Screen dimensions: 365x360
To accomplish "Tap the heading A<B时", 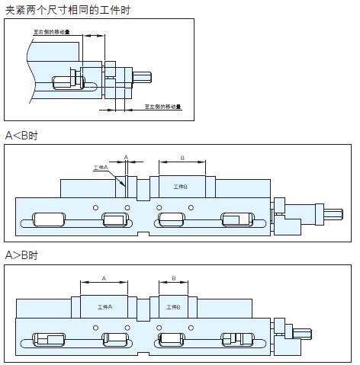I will [21, 135].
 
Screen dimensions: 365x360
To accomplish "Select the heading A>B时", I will [21, 255].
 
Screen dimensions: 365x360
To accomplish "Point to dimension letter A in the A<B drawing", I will [126, 157].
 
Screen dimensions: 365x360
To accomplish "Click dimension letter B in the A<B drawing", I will [182, 157].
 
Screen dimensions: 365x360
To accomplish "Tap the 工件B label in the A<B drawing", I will [181, 187].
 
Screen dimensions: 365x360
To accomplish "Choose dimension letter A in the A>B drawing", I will [104, 279].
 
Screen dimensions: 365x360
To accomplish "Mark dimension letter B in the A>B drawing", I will [174, 279].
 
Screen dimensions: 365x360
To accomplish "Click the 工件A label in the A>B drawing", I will [105, 306].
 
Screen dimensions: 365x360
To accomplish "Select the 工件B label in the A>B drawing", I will [173, 306].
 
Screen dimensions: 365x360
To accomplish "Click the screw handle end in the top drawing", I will [145, 78].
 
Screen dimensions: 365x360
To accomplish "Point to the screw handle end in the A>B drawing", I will [302, 333].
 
